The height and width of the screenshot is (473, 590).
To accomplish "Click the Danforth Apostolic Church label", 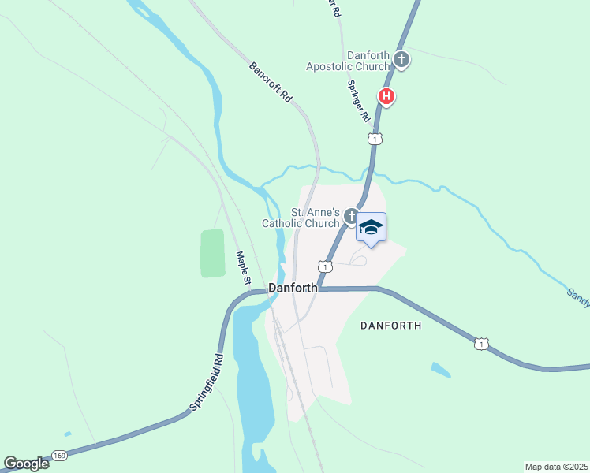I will pos(369,61).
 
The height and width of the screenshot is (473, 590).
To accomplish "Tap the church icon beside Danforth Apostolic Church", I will pos(401,60).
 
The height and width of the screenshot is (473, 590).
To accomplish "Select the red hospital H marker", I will pos(386,98).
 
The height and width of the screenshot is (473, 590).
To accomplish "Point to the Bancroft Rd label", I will pos(271,83).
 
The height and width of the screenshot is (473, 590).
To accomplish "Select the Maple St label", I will pos(244,268).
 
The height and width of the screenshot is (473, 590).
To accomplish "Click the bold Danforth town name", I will pos(293,288).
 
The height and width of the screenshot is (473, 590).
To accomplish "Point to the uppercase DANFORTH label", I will pos(391,325).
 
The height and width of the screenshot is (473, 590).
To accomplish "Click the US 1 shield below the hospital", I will pos(375,139).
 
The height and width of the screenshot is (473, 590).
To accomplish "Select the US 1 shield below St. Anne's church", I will pos(325,266).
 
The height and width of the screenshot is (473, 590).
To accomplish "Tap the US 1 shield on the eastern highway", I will pos(481,344).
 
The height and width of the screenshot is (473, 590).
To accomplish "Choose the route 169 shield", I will pos(60,456).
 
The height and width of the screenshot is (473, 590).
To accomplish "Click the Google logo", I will pos(27,464).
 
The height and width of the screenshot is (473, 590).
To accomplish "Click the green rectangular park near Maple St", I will pos(212,253).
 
